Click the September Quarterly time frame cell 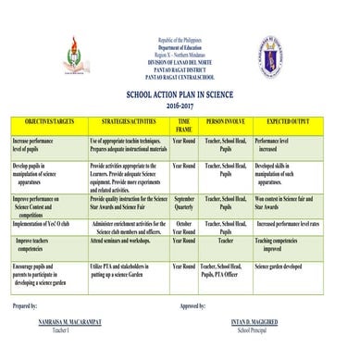184,203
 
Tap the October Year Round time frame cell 184,227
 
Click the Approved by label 192,304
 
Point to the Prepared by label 25,304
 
